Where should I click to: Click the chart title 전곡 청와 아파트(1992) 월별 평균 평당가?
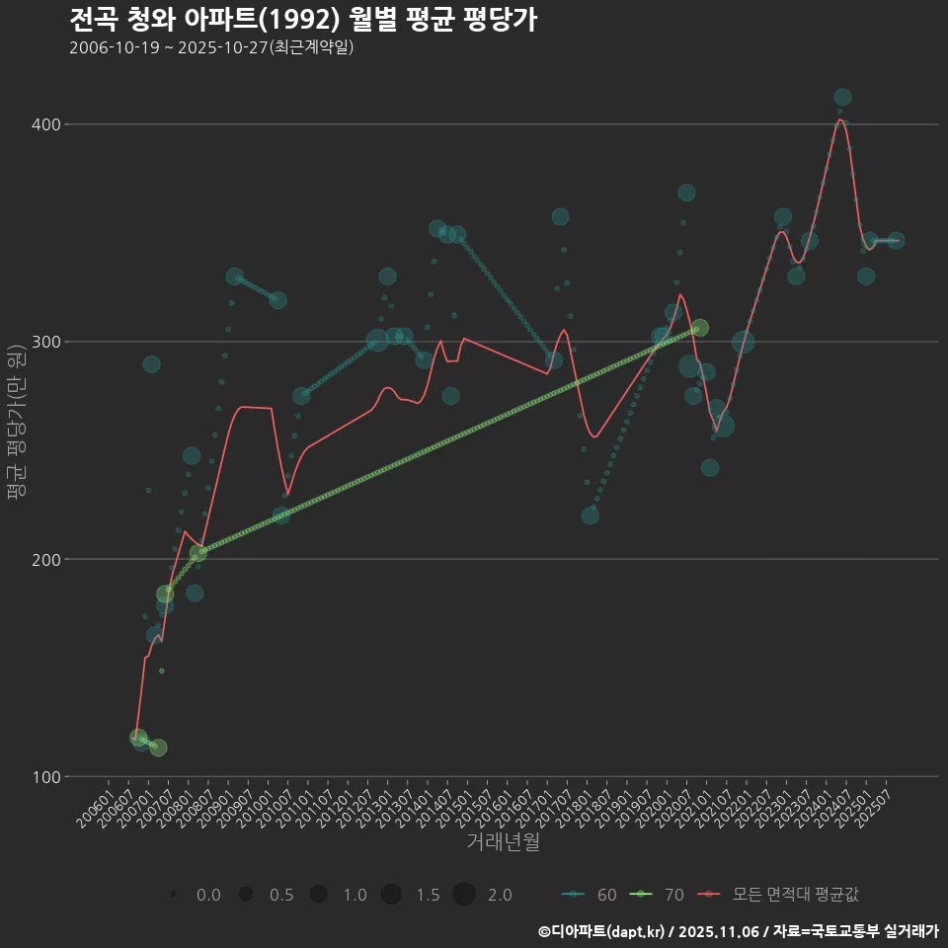click(303, 20)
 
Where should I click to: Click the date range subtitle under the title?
click(211, 47)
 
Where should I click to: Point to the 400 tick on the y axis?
click(47, 124)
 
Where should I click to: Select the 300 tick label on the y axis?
click(47, 342)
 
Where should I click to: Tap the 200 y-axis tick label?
click(47, 559)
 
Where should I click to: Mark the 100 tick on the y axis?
click(47, 776)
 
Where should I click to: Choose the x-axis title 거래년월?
click(503, 842)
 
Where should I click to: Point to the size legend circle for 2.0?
click(465, 895)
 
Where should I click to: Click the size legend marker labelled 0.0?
click(173, 895)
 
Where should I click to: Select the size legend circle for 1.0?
click(318, 895)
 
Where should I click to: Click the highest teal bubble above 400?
click(842, 97)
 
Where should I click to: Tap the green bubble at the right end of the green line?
click(699, 328)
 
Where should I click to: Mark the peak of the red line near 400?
click(839, 119)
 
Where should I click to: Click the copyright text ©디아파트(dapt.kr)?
click(600, 931)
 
